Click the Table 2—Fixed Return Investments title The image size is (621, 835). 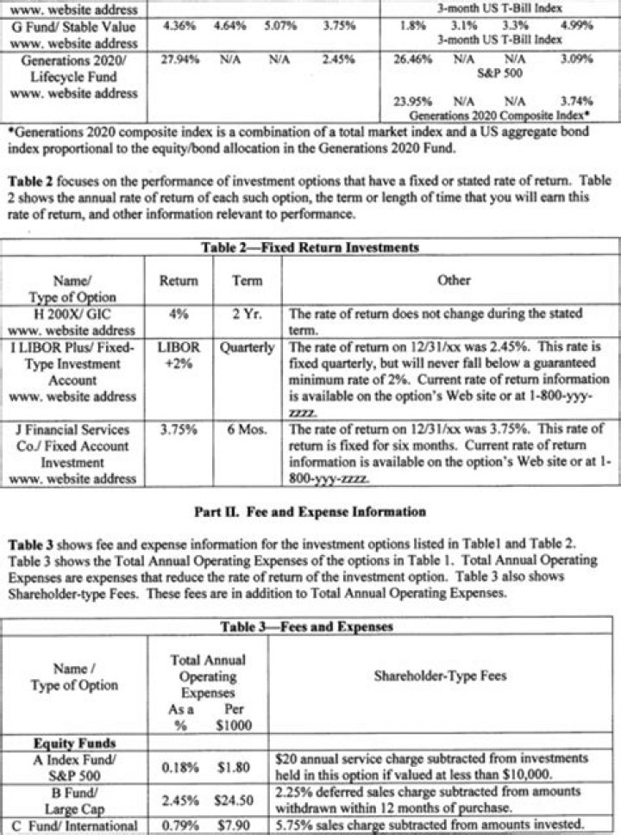(x=310, y=247)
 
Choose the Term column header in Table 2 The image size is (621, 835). (x=248, y=281)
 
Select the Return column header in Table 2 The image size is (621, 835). (x=179, y=281)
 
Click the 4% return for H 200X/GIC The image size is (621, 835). (x=179, y=314)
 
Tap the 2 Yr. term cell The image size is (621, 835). (x=248, y=314)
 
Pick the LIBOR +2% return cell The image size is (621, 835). (x=179, y=356)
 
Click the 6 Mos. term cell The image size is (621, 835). (x=248, y=429)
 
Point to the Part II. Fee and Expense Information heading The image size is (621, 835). (x=310, y=511)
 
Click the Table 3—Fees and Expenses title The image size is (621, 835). (x=310, y=626)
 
